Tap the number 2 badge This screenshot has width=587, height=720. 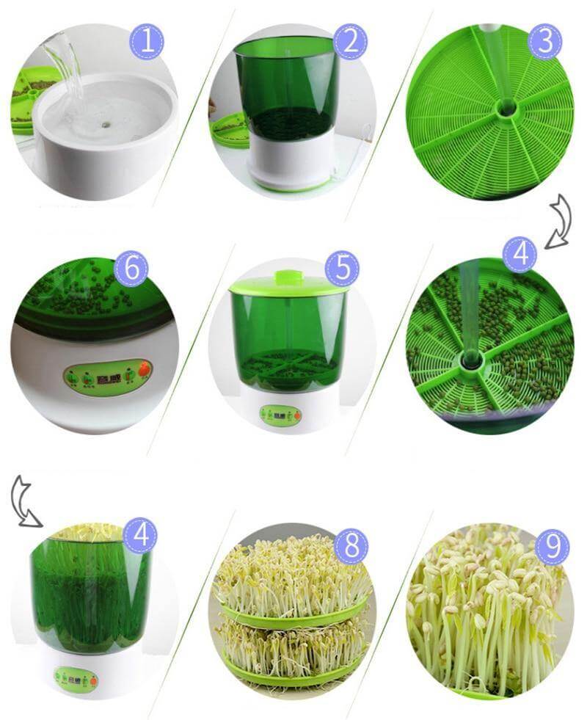pos(350,42)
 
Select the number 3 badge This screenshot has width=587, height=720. pos(544,42)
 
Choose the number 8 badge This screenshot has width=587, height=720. pos(351,545)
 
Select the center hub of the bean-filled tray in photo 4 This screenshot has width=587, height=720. pos(470,360)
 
